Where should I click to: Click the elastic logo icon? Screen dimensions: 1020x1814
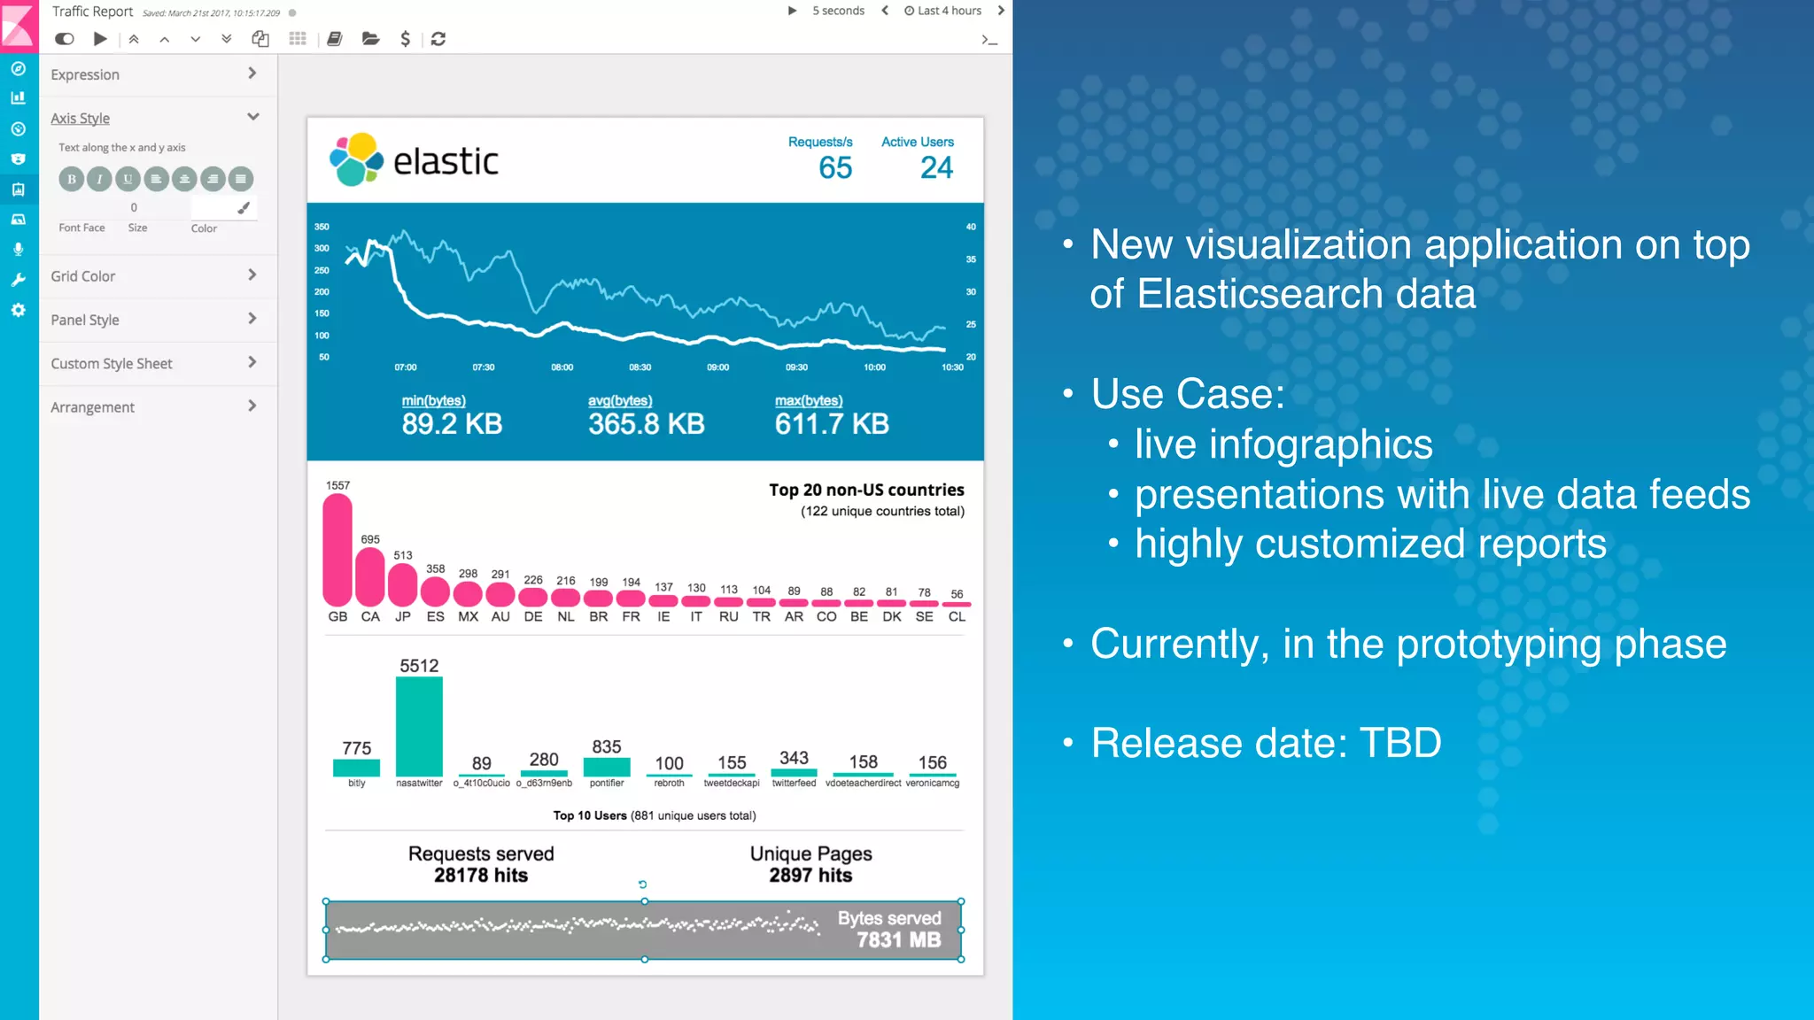[356, 160]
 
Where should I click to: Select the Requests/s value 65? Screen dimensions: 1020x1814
[834, 167]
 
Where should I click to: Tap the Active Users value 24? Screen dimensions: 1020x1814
[935, 167]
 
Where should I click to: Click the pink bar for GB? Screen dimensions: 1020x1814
[337, 550]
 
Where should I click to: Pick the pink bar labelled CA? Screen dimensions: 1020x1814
[370, 576]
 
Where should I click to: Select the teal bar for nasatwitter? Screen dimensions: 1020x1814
[419, 726]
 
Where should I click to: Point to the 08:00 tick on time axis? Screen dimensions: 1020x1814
[562, 367]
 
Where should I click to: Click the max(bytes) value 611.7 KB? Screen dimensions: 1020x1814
[831, 424]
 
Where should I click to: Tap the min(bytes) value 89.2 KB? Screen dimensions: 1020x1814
[452, 424]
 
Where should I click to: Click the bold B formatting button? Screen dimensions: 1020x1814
[72, 179]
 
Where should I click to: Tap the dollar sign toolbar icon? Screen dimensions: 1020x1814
[405, 39]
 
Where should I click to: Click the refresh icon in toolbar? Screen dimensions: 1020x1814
[438, 39]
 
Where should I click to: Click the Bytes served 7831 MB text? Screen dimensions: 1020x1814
[889, 929]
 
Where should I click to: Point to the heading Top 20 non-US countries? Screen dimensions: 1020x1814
[865, 490]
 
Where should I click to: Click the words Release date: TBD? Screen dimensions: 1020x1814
[1266, 743]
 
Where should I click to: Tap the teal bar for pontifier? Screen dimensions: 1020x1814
[607, 767]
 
